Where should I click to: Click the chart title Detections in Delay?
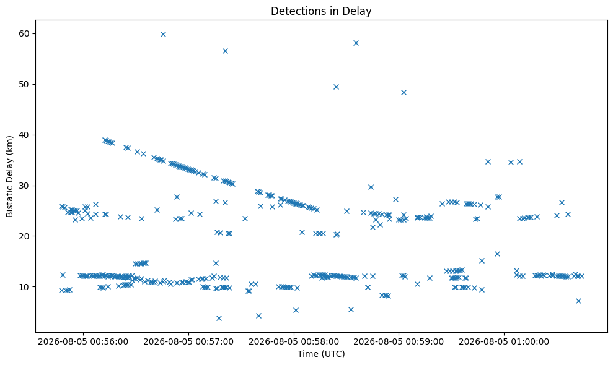[x=321, y=11]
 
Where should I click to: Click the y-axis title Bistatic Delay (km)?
[x=10, y=176]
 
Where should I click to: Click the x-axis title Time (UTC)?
[x=321, y=354]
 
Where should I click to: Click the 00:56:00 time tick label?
[x=83, y=342]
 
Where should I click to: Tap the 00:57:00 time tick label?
[x=188, y=342]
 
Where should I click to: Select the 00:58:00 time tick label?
[x=294, y=342]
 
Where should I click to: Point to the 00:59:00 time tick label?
[x=399, y=342]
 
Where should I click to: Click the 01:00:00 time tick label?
[x=504, y=342]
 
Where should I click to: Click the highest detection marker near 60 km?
[x=164, y=35]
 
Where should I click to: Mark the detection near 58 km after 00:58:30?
[x=356, y=43]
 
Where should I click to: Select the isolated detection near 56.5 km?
[x=225, y=51]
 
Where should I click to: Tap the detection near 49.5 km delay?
[x=336, y=87]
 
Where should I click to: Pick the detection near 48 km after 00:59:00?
[x=404, y=93]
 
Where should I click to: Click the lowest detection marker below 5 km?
[x=219, y=318]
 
